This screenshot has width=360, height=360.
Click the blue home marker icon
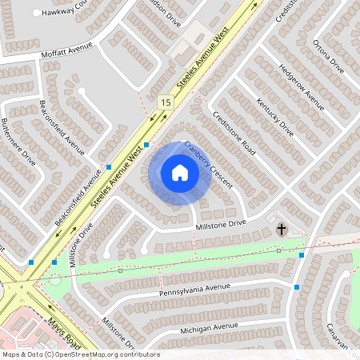[x=179, y=173]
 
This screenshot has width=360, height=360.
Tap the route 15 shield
[x=166, y=102]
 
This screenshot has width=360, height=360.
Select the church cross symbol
[x=282, y=230]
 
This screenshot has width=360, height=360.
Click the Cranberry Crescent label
[x=208, y=164]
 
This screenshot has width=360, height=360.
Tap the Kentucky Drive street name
[x=274, y=118]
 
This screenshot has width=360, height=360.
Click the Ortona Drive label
[x=328, y=57]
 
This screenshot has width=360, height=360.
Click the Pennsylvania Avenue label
[x=194, y=288]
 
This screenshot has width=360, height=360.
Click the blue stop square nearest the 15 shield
[x=146, y=145]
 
